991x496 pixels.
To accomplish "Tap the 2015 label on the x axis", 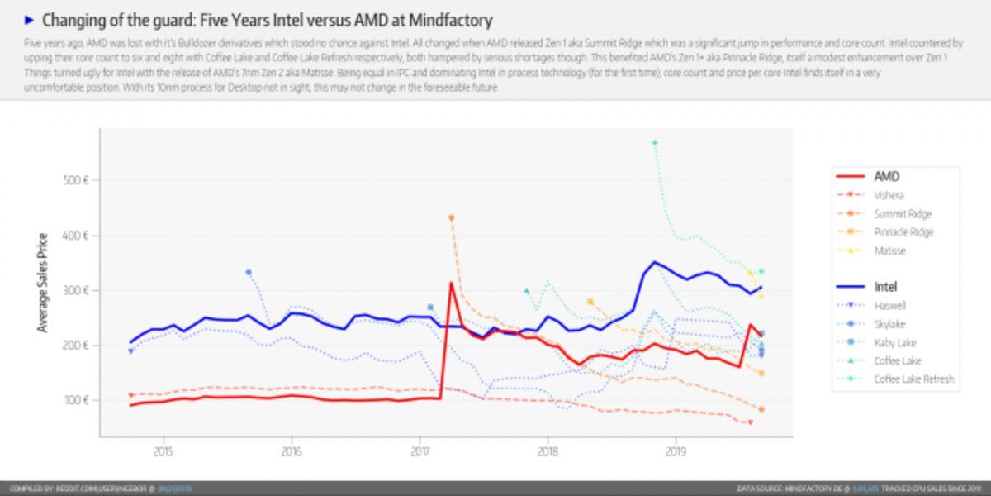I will pyautogui.click(x=163, y=451).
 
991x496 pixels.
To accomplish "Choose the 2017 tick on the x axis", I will pyautogui.click(x=420, y=451).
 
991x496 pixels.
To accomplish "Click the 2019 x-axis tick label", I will pyautogui.click(x=676, y=451).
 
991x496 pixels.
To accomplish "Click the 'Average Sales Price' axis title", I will pyautogui.click(x=42, y=283).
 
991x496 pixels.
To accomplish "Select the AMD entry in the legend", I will pyautogui.click(x=886, y=176).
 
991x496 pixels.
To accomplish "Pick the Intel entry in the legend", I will pyautogui.click(x=885, y=287).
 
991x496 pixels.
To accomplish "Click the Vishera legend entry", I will pyautogui.click(x=889, y=195).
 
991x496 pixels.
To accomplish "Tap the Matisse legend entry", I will pyautogui.click(x=890, y=250).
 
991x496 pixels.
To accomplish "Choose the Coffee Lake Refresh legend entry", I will pyautogui.click(x=913, y=379).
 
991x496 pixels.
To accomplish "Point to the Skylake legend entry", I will pyautogui.click(x=890, y=324).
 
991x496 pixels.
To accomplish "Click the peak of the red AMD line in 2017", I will pyautogui.click(x=451, y=284).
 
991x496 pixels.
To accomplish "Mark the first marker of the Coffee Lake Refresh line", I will pyautogui.click(x=654, y=143).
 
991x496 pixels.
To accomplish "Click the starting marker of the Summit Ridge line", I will pyautogui.click(x=452, y=217).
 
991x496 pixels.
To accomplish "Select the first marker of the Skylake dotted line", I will pyautogui.click(x=249, y=272).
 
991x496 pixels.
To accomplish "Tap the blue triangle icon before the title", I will pyautogui.click(x=30, y=20).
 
